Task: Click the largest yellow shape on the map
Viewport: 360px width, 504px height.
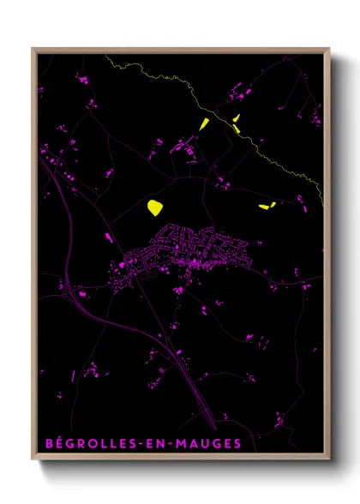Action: (155, 207)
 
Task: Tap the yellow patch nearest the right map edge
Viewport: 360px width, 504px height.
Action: (267, 206)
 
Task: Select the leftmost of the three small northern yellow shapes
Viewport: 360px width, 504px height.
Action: (204, 124)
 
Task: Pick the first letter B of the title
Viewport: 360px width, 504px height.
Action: (48, 445)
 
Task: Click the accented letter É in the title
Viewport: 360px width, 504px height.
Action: (59, 445)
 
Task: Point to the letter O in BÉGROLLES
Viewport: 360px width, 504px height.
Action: (92, 445)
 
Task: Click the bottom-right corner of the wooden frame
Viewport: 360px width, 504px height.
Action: (329, 460)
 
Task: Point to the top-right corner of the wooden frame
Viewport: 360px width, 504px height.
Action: (329, 49)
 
